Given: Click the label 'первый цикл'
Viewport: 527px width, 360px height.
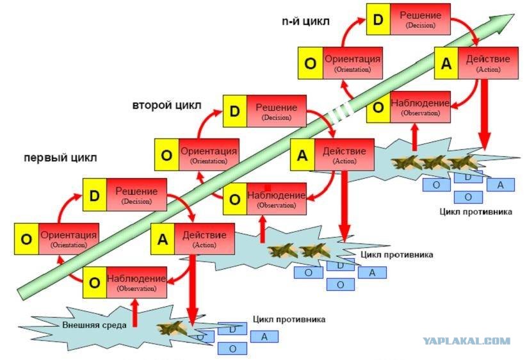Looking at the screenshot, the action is point(60,158).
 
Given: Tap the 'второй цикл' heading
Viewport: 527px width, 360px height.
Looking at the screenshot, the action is point(166,105).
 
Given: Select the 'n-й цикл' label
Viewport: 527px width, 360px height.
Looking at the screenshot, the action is point(305,21).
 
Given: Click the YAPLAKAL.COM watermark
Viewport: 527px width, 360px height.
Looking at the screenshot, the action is point(467,341).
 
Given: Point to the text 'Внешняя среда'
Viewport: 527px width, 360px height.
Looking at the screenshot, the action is point(94,325).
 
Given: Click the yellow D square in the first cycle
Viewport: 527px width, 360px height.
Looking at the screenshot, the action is point(94,195).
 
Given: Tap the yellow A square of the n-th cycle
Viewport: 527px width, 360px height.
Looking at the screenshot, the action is point(446,63).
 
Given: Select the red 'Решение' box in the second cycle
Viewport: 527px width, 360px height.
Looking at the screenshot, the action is point(276,111).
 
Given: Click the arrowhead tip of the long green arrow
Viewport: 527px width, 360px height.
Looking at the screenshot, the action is point(514,14).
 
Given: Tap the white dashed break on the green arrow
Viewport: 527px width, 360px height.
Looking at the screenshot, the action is point(341,113).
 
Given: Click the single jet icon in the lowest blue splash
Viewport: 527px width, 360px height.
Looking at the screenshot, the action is point(172,328).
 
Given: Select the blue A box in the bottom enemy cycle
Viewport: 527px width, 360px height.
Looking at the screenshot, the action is point(264,336).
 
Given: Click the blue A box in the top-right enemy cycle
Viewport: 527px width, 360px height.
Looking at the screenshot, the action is point(501,185).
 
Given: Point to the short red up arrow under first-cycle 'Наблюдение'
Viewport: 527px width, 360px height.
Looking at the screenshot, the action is point(134,313).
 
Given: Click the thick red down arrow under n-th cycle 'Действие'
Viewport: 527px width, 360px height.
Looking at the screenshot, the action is point(484,114).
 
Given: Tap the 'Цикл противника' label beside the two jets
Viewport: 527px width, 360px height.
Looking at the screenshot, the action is point(396,254).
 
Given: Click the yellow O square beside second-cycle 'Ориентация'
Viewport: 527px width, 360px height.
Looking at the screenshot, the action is point(166,154).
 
